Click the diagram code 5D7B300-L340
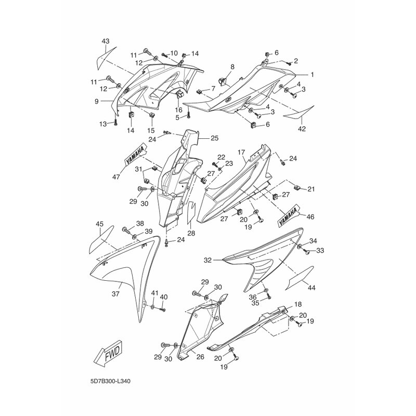110,382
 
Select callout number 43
106,42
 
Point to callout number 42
302,128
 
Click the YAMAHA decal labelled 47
136,157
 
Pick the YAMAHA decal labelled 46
288,215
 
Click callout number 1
313,74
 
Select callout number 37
115,294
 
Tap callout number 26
200,357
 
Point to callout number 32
207,261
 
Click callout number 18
298,304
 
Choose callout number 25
214,138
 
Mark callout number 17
241,152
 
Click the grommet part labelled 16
179,94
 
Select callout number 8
232,67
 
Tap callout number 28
191,233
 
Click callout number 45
99,224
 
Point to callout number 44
311,288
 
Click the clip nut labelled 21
297,188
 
